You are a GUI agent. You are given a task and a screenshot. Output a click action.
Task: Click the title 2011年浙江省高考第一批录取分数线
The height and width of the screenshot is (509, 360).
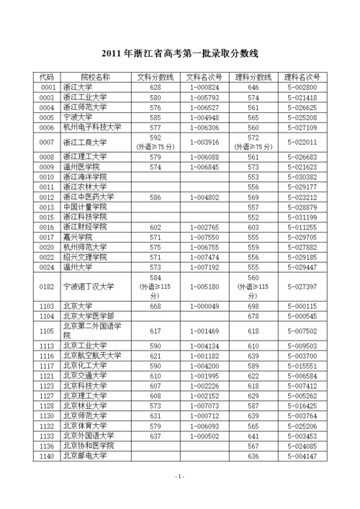(x=179, y=54)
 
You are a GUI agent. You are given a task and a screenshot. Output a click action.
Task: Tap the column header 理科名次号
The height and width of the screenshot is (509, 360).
(x=302, y=76)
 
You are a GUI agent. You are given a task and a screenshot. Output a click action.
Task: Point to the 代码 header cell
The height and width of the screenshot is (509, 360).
(x=47, y=76)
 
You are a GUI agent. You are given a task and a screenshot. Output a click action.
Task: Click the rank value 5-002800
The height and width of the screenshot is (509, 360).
(x=302, y=87)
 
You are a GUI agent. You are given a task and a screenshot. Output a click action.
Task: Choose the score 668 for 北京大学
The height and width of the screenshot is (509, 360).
(x=156, y=305)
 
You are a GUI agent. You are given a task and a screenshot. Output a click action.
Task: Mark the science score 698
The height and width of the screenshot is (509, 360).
(x=253, y=305)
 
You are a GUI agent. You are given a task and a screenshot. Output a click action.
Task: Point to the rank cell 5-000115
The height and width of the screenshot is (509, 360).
(x=302, y=305)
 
